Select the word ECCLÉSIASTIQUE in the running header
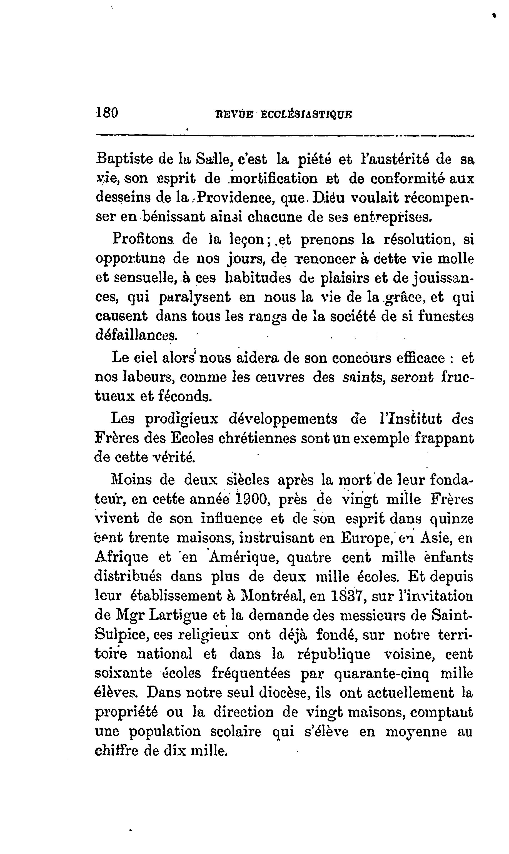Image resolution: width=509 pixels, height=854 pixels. pyautogui.click(x=306, y=114)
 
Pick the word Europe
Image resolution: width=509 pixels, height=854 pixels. pyautogui.click(x=367, y=538)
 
